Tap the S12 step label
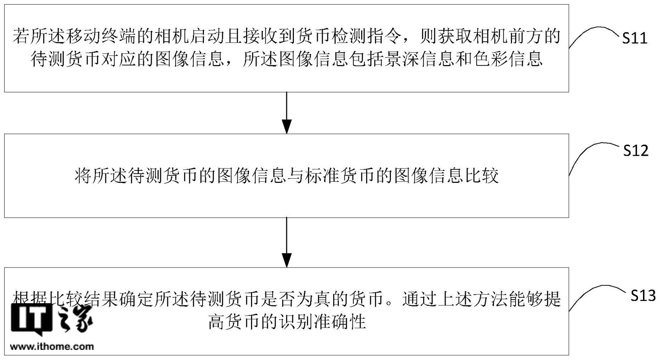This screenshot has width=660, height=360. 636,150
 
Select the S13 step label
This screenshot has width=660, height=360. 643,295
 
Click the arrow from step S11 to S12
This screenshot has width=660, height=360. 287,113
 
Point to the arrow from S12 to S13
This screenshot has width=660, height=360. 287,242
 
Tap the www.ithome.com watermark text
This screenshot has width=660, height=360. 52,346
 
